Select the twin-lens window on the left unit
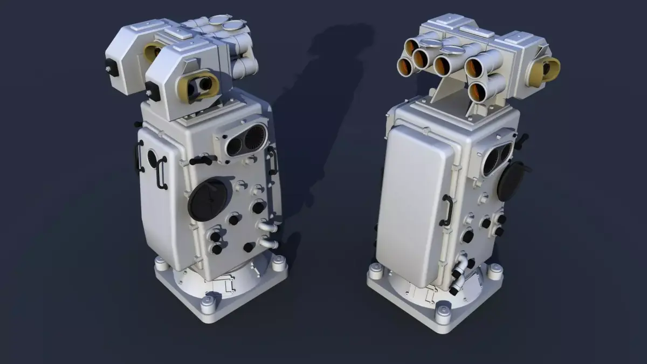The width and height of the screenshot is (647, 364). coord(245,141)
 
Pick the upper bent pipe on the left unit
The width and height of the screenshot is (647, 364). coord(267,225)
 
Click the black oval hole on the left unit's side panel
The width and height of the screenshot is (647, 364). coord(152,160)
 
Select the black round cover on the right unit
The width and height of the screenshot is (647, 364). coord(510,181)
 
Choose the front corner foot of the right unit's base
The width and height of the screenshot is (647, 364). coord(443,312)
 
